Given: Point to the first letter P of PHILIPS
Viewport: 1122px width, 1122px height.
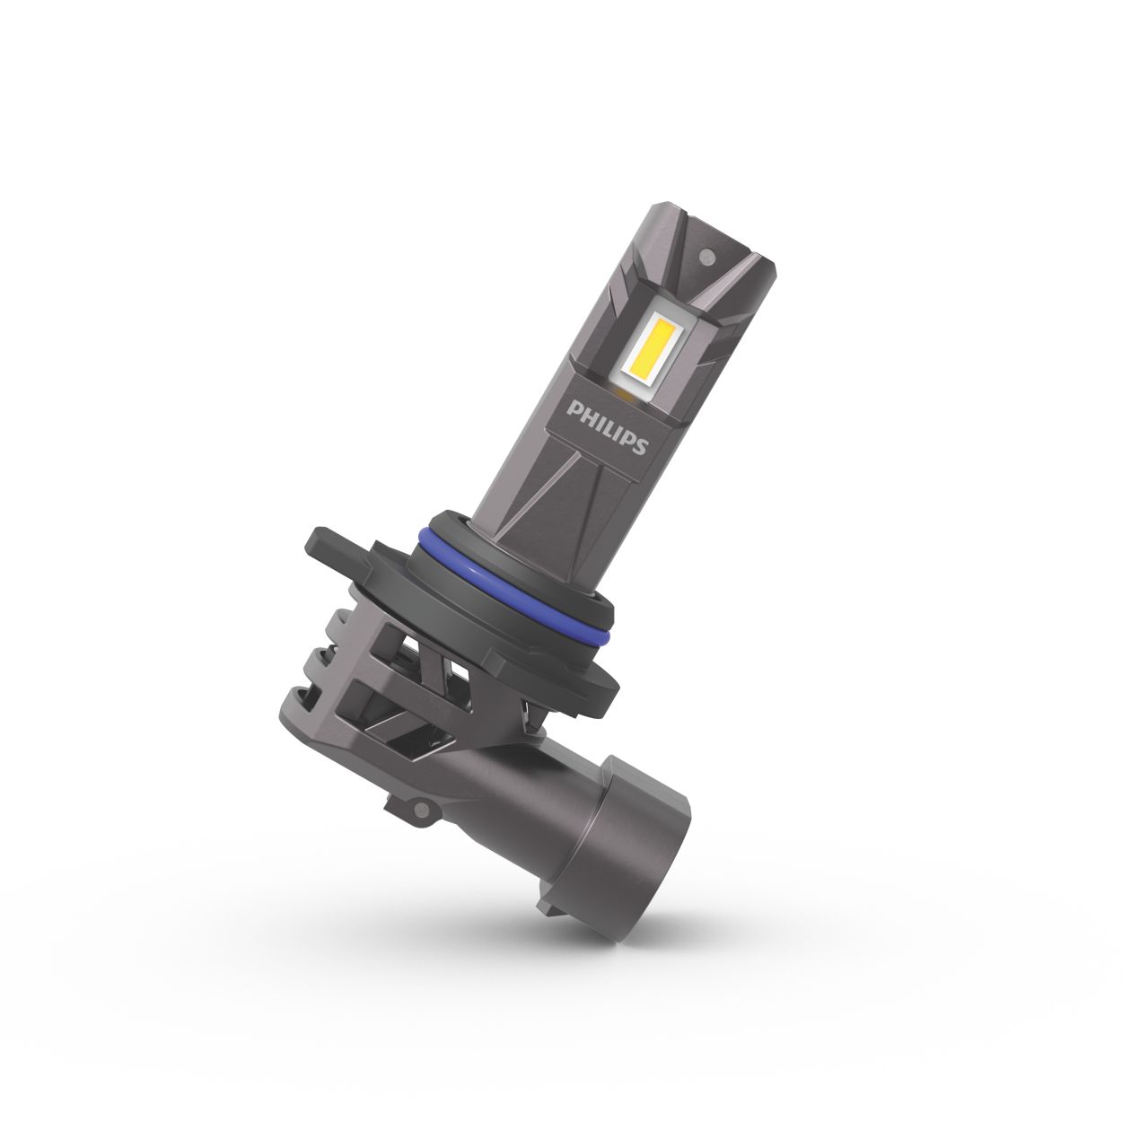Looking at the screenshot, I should (x=572, y=409).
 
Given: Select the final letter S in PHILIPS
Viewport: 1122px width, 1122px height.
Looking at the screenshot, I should (x=638, y=445).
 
